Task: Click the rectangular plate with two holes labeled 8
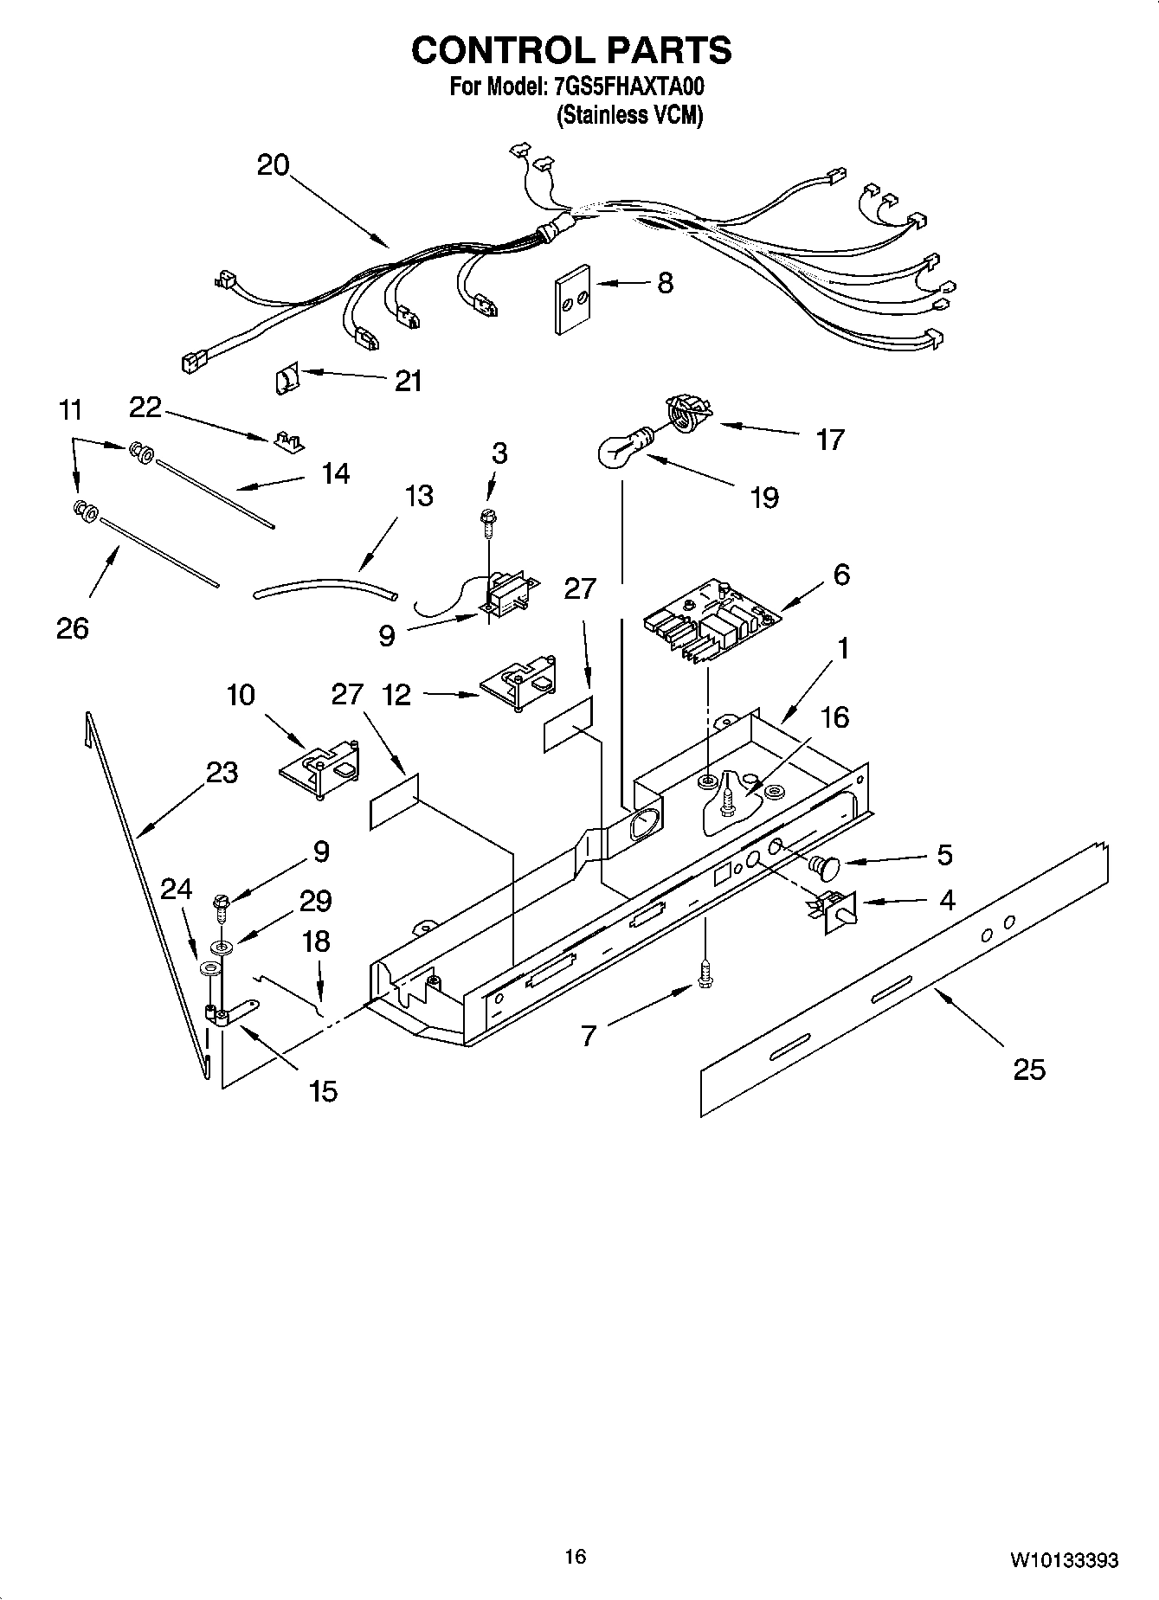point(572,299)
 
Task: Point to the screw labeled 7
point(705,974)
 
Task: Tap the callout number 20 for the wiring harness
point(273,164)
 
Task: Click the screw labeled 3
point(489,518)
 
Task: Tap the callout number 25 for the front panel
point(1029,1070)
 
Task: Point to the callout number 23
point(222,771)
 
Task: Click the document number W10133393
point(1063,1560)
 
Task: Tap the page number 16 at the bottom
point(575,1557)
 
